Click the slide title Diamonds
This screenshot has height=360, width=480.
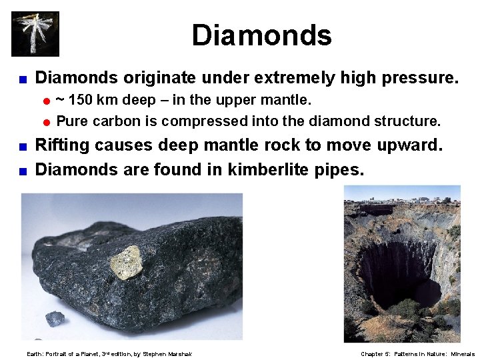(x=261, y=35)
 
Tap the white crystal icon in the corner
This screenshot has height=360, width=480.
(x=35, y=33)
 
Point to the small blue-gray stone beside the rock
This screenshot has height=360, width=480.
(x=55, y=319)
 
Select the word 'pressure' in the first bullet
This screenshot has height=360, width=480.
(x=417, y=79)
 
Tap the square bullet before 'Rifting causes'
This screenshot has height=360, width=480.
(x=23, y=146)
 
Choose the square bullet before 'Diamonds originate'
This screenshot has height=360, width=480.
(x=23, y=79)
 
